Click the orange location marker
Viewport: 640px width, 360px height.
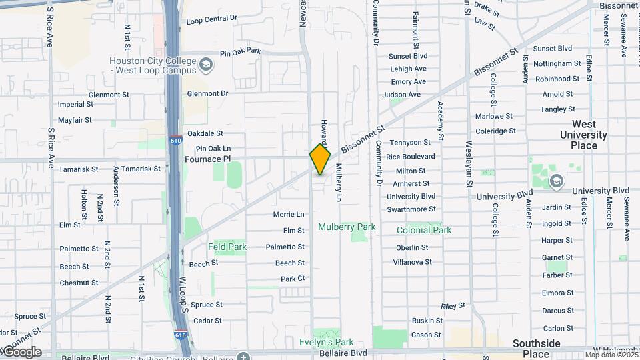pyautogui.click(x=320, y=159)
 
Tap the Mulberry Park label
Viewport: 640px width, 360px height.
pyautogui.click(x=347, y=227)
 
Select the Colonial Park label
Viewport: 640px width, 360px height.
pyautogui.click(x=424, y=231)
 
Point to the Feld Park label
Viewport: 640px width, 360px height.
pyautogui.click(x=227, y=247)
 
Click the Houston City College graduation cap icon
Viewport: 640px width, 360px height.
pyautogui.click(x=206, y=65)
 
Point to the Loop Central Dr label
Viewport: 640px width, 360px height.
pyautogui.click(x=212, y=20)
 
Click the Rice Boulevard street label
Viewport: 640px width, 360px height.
pyautogui.click(x=411, y=157)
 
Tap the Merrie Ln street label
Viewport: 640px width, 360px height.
pyautogui.click(x=289, y=215)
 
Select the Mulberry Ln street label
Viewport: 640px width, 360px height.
pyautogui.click(x=339, y=183)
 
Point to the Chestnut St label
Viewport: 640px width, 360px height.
pyautogui.click(x=79, y=283)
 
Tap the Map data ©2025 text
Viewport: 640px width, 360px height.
pyautogui.click(x=611, y=355)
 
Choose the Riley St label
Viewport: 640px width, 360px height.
pyautogui.click(x=453, y=306)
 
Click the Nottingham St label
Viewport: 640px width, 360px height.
pyautogui.click(x=557, y=64)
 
